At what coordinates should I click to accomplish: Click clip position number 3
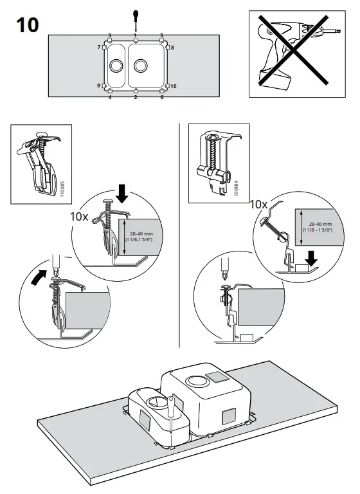tap(109, 35)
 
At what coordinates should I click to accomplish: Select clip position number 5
tap(161, 35)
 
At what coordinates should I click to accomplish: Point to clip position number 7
tap(100, 48)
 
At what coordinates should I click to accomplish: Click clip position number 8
tap(172, 48)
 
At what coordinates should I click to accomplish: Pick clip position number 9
tap(100, 86)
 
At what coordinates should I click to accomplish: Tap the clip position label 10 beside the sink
tap(174, 86)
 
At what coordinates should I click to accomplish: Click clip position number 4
tap(109, 97)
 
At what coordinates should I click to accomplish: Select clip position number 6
tap(161, 97)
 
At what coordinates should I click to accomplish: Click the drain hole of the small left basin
tap(116, 66)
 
